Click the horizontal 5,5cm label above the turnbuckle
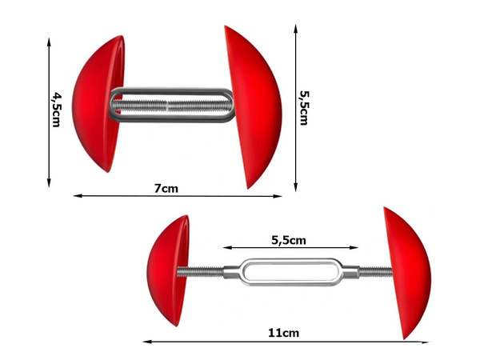pos(289,239)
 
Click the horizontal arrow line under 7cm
pos(178,196)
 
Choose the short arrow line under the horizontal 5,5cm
pos(288,248)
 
